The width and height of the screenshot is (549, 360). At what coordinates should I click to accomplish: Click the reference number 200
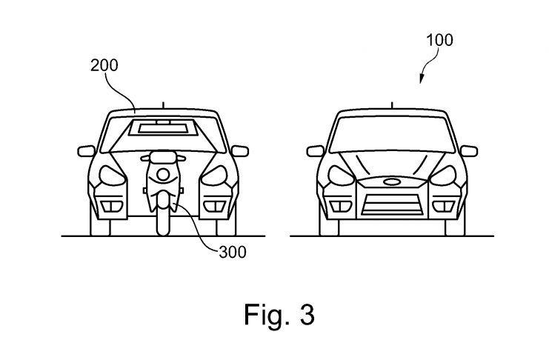coord(104,65)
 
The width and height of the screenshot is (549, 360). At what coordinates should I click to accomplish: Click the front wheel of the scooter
coord(162,219)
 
